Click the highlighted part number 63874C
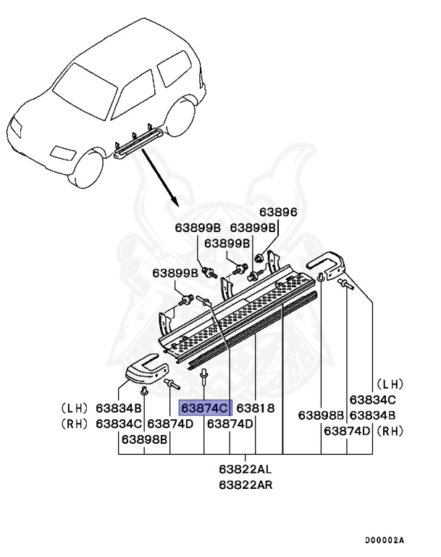[206, 408]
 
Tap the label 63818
[255, 408]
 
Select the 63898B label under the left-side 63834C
[144, 439]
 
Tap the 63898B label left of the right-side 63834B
[322, 416]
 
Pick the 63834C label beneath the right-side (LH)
[373, 400]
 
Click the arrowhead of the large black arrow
[174, 199]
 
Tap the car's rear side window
[172, 70]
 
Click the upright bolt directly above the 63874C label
[205, 375]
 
